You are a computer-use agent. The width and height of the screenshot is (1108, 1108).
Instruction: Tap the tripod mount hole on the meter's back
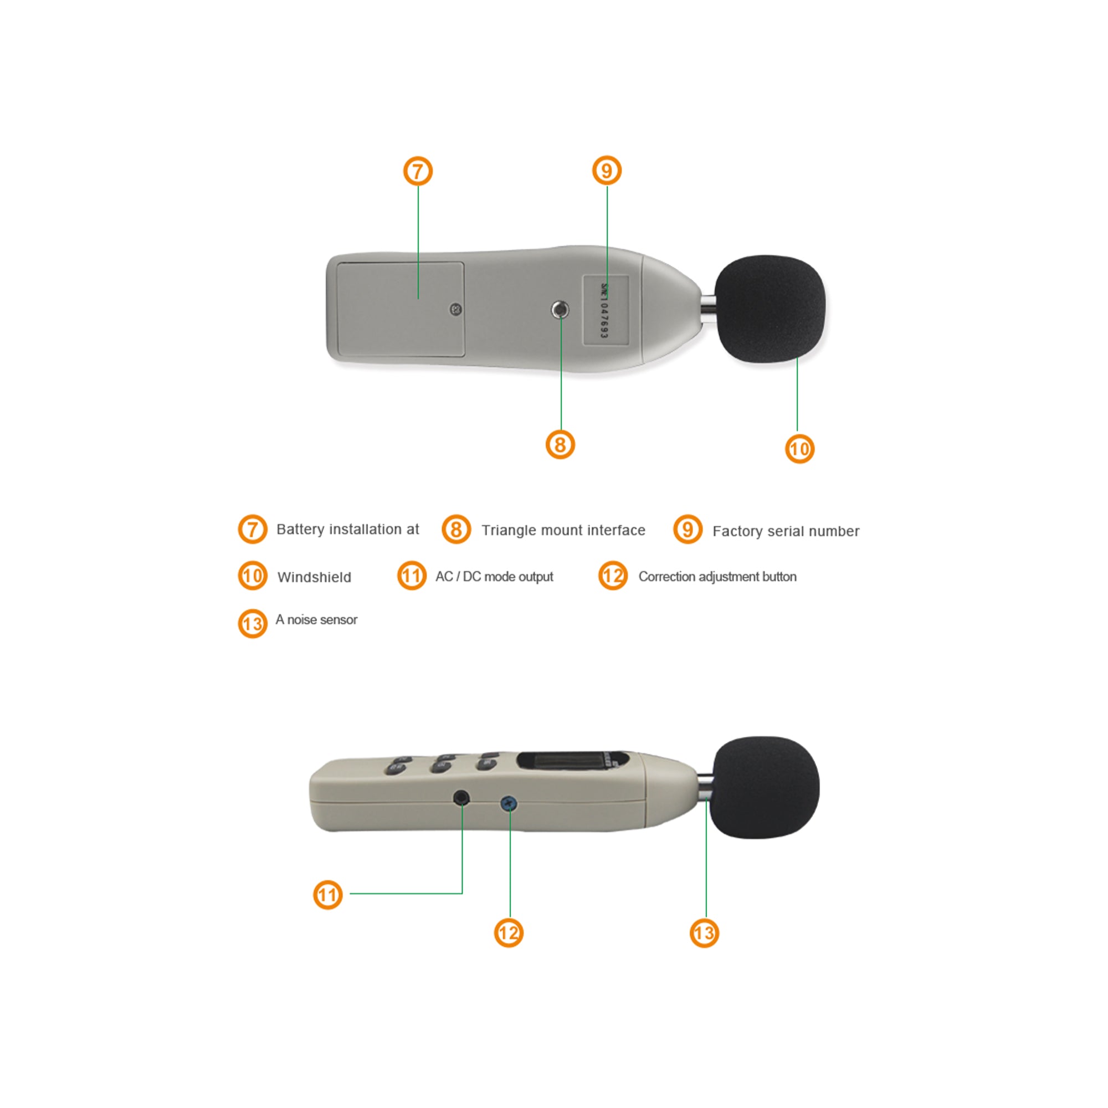[x=560, y=310]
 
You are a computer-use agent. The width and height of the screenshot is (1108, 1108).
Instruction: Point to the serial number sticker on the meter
[x=606, y=310]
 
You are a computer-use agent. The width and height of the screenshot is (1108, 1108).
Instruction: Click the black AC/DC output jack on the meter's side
[x=461, y=797]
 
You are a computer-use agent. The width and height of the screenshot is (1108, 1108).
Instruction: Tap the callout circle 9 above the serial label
[x=607, y=170]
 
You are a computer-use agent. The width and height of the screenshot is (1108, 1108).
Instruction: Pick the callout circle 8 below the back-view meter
[x=560, y=444]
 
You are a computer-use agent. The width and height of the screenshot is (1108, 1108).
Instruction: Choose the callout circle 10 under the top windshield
[x=799, y=449]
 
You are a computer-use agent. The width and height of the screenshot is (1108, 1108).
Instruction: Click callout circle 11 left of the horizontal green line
[x=328, y=895]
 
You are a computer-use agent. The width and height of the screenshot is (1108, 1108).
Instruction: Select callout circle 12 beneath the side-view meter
[x=509, y=932]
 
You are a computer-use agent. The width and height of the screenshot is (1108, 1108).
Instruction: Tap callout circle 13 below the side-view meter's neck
[x=704, y=932]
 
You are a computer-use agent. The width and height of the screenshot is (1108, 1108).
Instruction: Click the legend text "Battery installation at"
[x=347, y=529]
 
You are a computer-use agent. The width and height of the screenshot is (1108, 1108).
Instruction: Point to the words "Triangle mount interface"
[x=563, y=531]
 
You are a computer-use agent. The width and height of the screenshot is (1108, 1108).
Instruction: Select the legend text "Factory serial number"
[x=786, y=531]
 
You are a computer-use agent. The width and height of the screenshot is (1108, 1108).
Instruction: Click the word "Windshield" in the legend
[x=314, y=577]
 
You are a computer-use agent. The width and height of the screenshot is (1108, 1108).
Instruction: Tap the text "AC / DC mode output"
[x=494, y=576]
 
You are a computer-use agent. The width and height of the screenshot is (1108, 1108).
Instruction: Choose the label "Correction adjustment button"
[x=717, y=576]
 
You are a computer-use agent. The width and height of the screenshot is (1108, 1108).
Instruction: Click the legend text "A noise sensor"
[x=316, y=619]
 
